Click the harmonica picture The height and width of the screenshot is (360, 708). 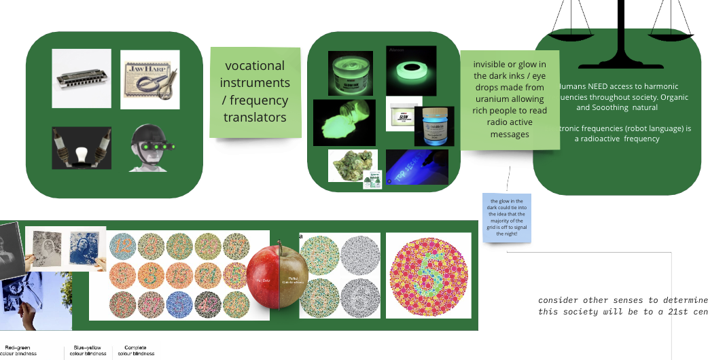coord(82,79)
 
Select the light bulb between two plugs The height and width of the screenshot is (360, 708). coord(82,147)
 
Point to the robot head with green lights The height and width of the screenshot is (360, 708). coord(150,147)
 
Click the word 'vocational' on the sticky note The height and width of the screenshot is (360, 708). coord(255,66)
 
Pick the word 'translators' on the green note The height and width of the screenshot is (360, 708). coord(255,117)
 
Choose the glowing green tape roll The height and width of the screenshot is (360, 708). coord(411,70)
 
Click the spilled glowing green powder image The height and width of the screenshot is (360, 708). coord(344,124)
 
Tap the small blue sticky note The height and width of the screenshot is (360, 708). coord(507,217)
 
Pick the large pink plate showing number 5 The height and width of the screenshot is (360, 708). coord(428,275)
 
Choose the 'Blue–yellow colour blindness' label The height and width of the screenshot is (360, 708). coord(90,350)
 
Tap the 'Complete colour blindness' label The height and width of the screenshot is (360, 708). coord(136,350)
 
